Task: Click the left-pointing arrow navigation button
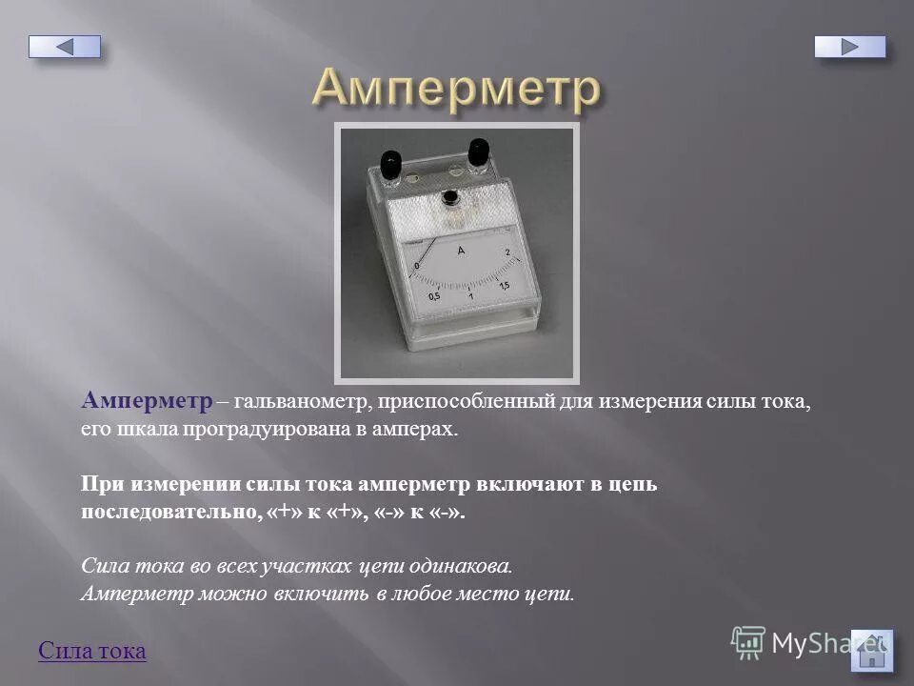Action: [64, 46]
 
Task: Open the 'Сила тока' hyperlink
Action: [92, 651]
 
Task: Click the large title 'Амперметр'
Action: [456, 90]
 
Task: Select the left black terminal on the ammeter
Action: [389, 163]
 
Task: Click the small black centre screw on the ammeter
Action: [448, 197]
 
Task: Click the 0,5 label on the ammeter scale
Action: [434, 296]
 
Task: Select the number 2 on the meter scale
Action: [507, 252]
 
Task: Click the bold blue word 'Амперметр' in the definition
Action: [147, 400]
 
